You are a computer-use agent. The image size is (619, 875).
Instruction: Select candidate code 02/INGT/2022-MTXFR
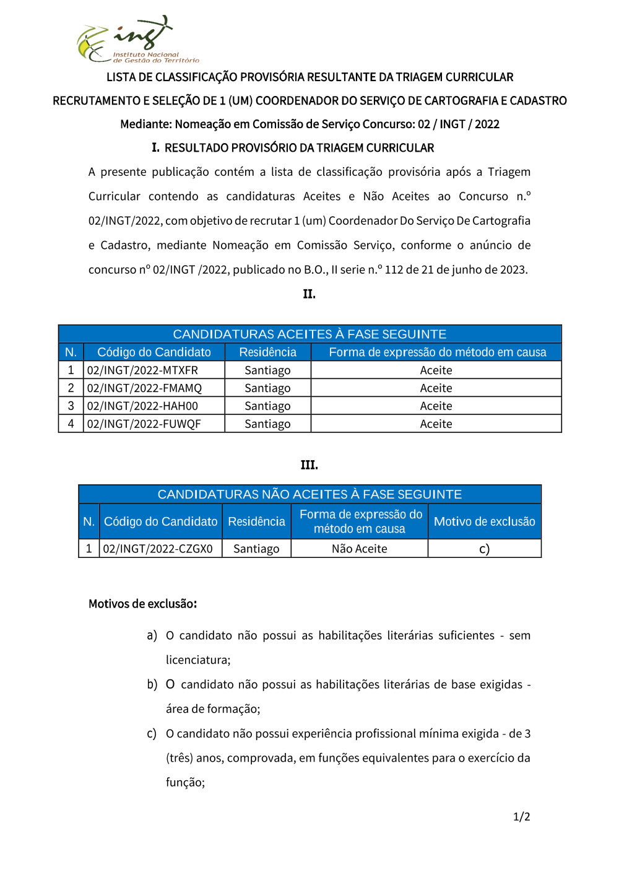pos(142,370)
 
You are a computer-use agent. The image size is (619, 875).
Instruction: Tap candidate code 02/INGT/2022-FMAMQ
pos(144,388)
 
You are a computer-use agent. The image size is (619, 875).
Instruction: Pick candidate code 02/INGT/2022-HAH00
pos(142,406)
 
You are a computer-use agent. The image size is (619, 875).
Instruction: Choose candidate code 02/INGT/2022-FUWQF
pos(144,424)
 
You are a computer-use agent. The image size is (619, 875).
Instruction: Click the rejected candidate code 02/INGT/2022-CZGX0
pos(158,549)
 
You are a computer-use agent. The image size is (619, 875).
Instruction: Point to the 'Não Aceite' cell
pos(359,549)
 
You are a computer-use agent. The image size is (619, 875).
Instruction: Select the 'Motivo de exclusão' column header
pos(484,521)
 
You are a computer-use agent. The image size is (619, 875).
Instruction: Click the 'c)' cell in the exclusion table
pos(484,549)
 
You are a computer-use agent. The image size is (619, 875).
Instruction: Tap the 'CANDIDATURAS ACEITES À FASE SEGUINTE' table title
pos(309,334)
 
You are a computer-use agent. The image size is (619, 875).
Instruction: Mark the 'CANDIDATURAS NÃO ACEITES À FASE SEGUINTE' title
pos(309,494)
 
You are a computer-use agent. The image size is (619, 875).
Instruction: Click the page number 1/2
pos(521,817)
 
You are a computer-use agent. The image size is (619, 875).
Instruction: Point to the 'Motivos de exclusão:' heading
pos(142,604)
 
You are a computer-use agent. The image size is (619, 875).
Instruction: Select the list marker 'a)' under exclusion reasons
pos(152,635)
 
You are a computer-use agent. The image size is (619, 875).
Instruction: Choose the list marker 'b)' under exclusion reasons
pos(152,684)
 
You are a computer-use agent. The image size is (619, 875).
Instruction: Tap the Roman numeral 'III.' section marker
pos(309,465)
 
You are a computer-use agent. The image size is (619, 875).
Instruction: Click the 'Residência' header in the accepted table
pos(267,352)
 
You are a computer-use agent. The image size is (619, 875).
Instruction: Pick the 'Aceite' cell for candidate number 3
pos(436,406)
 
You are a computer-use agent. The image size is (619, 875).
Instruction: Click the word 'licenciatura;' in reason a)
pos(198,660)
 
